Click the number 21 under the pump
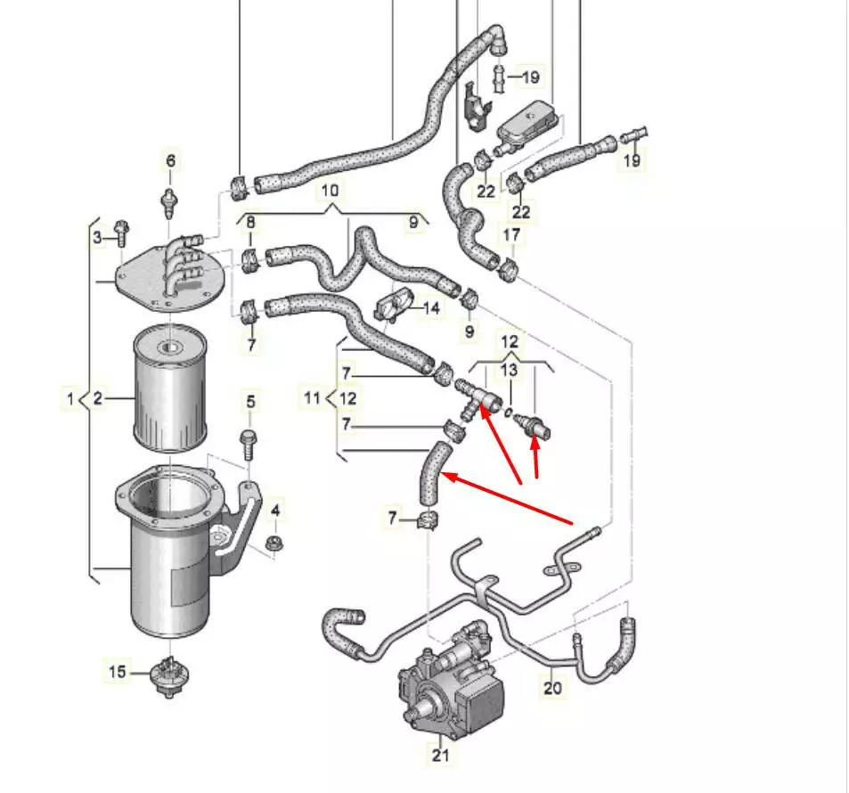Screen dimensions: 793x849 click(x=441, y=756)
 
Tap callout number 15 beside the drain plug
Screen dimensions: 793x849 click(x=118, y=672)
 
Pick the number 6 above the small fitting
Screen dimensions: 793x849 click(x=170, y=161)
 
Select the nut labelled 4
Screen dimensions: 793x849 click(x=274, y=541)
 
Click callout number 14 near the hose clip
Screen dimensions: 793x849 click(x=431, y=308)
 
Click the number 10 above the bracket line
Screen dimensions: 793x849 click(x=330, y=191)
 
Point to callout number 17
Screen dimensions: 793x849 click(x=511, y=234)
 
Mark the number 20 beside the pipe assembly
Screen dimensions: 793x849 click(x=552, y=687)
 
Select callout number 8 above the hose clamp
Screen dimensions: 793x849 click(x=250, y=222)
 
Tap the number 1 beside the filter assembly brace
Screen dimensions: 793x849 click(x=70, y=398)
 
